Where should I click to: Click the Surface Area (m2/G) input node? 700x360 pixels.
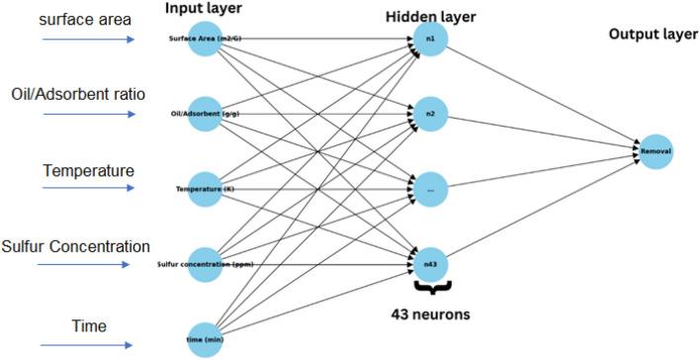[x=205, y=40]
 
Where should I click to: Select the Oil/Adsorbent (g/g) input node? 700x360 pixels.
[x=205, y=114]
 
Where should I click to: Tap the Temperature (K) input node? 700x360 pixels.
[x=205, y=188]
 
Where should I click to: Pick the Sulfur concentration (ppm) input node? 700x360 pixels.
[x=205, y=263]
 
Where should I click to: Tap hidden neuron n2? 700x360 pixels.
[x=431, y=114]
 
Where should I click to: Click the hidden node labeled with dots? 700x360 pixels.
[x=431, y=188]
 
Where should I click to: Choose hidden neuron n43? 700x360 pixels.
[x=431, y=263]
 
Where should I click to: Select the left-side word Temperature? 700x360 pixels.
[x=88, y=170]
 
